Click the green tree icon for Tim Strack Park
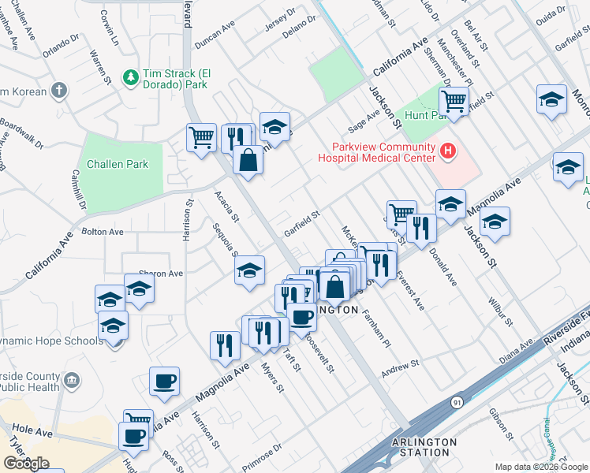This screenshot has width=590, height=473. tap(131, 77)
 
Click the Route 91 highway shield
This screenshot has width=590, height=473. tap(457, 402)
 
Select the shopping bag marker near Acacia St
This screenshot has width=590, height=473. tap(248, 159)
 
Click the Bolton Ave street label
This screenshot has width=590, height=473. tap(103, 233)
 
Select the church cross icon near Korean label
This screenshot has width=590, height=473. tap(59, 91)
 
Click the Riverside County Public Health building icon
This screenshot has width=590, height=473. tap(72, 382)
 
